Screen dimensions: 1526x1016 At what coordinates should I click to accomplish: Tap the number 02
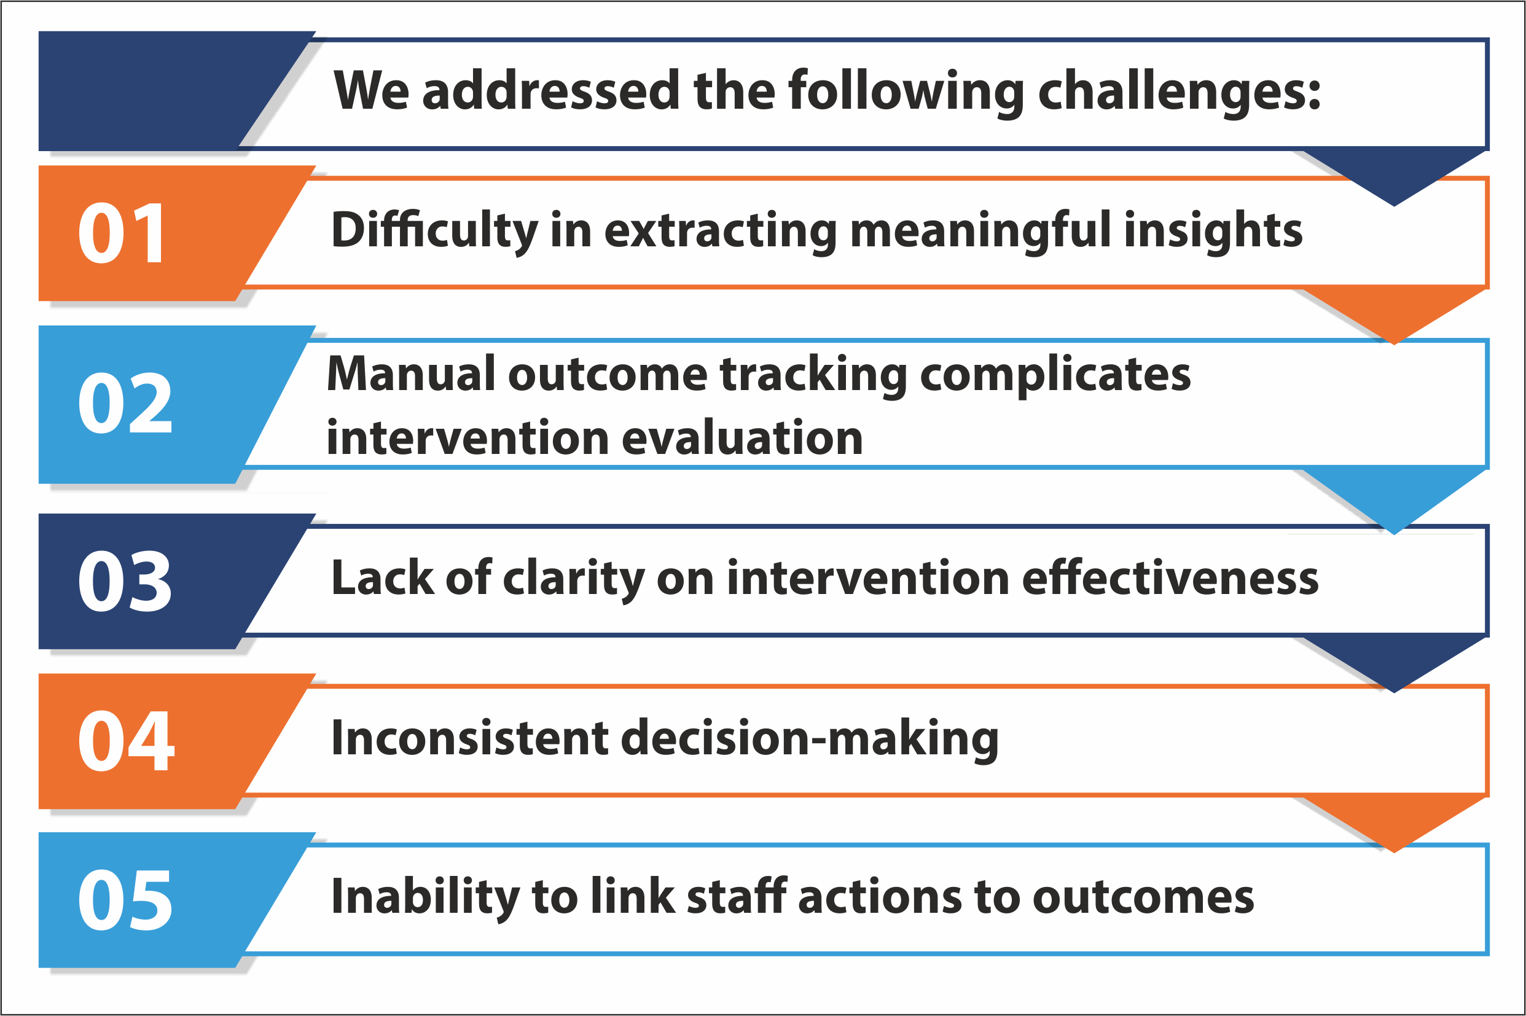point(125,403)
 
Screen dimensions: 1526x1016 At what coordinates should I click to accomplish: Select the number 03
point(125,580)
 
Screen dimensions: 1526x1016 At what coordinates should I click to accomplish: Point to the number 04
point(126,740)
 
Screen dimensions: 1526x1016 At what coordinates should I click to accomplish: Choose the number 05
point(125,899)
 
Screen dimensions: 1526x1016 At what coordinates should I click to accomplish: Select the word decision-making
point(810,740)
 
